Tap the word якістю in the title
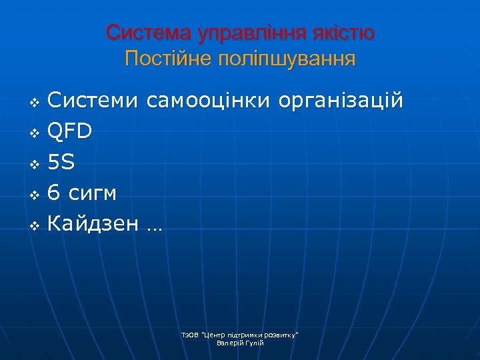pyautogui.click(x=343, y=32)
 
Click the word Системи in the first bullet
pyautogui.click(x=94, y=101)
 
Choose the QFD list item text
pyautogui.click(x=69, y=131)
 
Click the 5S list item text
pyautogui.click(x=61, y=162)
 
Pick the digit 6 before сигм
pyautogui.click(x=53, y=193)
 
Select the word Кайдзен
pyautogui.click(x=94, y=225)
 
